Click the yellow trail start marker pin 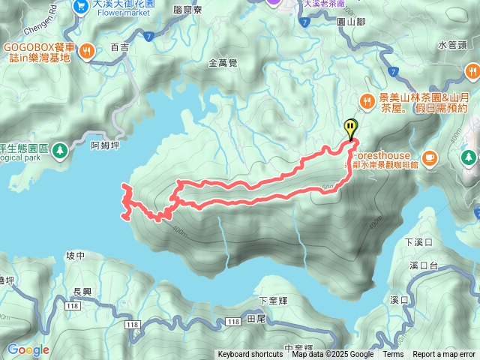pos(350,128)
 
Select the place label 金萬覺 pos(223,64)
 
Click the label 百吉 pos(119,47)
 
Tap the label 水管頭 pos(452,44)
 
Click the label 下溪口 pos(418,242)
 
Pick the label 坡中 pos(76,256)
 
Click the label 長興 pos(82,292)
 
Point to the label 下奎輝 pos(273,301)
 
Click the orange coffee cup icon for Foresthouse pos(429,157)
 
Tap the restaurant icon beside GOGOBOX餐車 pos(88,51)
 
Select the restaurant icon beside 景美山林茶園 pos(367,100)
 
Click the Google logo pos(28,349)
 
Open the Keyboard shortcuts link pos(250,355)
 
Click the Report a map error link pos(444,355)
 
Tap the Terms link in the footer pos(393,355)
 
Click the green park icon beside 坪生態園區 pos(61,150)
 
